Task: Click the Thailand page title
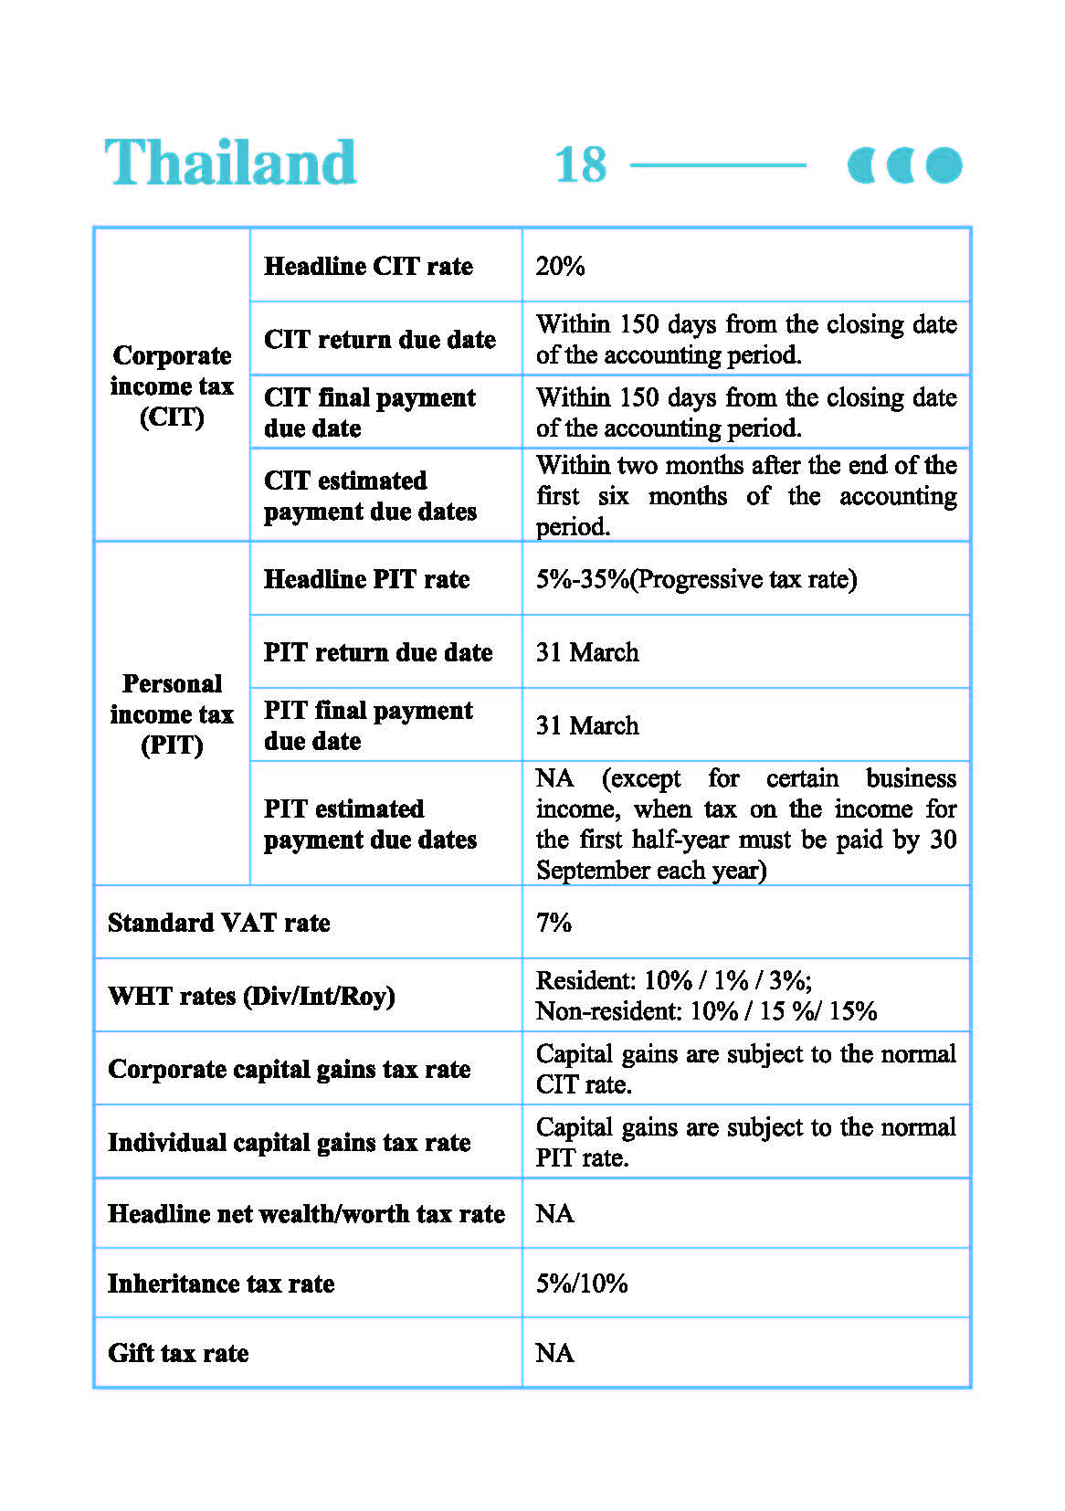pos(230,163)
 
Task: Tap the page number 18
pos(580,165)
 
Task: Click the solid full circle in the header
pos(944,165)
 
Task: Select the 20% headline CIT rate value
pos(560,266)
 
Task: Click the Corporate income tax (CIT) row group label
pos(172,386)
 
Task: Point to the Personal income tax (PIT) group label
pos(172,713)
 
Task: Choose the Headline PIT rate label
pos(366,579)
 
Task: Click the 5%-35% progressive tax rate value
pos(696,579)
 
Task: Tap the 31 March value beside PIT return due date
pos(587,652)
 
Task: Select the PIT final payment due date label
pos(368,725)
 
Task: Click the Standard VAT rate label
pos(219,923)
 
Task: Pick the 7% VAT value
pos(554,923)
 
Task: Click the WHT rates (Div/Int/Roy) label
pos(251,996)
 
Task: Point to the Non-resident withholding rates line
pos(706,1011)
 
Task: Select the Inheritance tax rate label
pos(221,1284)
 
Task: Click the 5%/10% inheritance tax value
pos(582,1284)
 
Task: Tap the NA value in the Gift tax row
pos(554,1353)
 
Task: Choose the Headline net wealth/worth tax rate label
pos(306,1213)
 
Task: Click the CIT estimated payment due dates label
pos(370,496)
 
